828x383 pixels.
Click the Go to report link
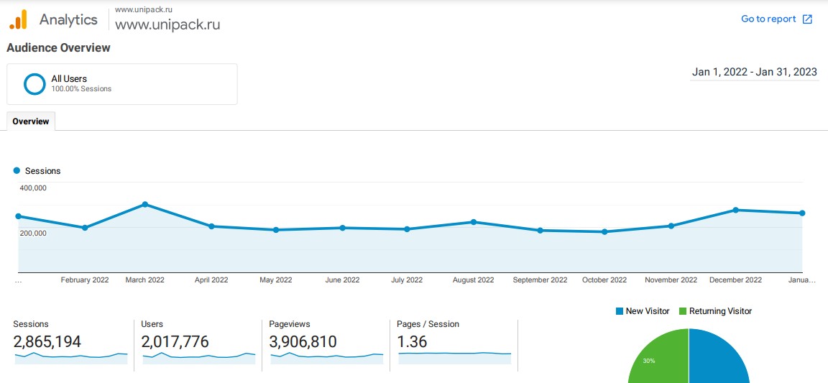pos(776,19)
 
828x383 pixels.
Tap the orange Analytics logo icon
pos(18,19)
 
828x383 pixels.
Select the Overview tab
pos(31,121)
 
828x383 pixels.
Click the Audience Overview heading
pos(58,47)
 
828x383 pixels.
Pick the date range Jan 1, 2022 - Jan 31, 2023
pos(754,72)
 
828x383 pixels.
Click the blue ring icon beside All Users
pos(34,84)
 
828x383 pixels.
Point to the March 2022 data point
pos(145,204)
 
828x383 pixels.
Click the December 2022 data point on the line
pos(735,210)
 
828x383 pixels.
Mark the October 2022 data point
pos(604,231)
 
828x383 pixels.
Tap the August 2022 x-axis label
pos(473,280)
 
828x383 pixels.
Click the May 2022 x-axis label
pos(275,280)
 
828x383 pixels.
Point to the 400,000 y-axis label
pos(33,188)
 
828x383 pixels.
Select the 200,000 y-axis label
pos(33,233)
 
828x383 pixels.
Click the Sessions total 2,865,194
pos(47,342)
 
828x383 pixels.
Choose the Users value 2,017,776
pos(175,342)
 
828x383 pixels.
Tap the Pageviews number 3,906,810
pos(303,342)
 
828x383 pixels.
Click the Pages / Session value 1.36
pos(412,342)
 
